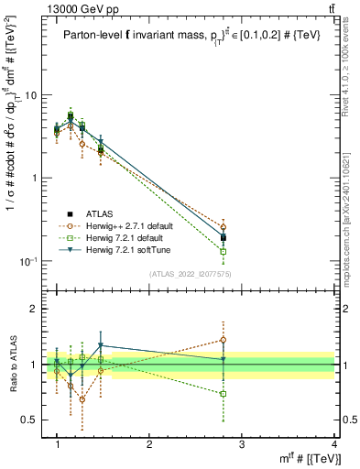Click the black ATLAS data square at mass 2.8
[x=224, y=237]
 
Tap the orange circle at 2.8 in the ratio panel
[x=224, y=340]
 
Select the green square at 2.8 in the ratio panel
[x=224, y=394]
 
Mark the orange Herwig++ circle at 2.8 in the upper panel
[x=224, y=227]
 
